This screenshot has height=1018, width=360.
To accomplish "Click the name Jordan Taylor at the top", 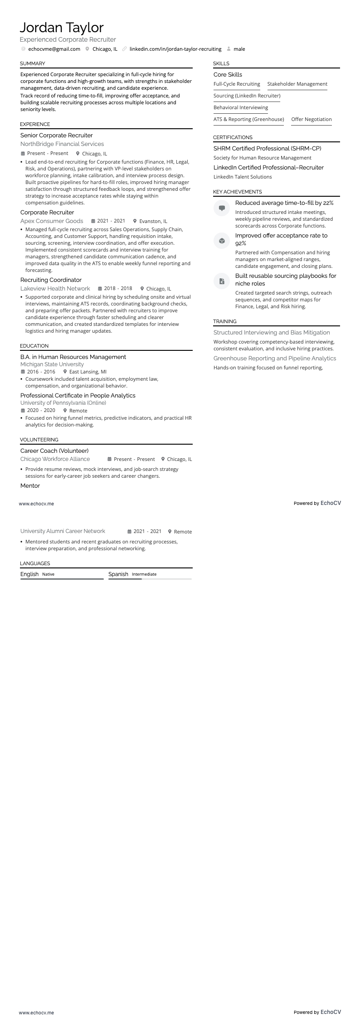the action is pos(62,28).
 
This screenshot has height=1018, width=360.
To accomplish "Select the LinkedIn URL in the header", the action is pos(175,49).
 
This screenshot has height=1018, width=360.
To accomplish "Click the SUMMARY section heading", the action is pos(33,63).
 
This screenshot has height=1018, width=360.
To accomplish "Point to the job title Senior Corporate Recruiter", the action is pos(57,135).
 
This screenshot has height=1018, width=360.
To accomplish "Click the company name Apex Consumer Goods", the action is pos(52,221).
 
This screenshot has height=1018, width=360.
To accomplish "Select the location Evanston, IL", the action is pos(153,221).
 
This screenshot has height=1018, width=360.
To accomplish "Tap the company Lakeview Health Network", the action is pos(55,288).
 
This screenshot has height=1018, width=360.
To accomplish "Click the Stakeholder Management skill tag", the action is pos(297,84).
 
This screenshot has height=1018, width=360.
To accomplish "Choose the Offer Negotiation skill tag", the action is pos(311,119).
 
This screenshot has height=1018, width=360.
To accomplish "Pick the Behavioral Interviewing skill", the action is pos(241,107).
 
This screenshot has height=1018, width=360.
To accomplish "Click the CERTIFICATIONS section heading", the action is pos(233,137).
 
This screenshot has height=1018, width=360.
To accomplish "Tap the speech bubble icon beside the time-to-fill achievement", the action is pos(222,208).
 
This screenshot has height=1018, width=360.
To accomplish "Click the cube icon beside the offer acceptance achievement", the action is pos(222,241).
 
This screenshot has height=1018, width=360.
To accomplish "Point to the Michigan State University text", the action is pos(52,364).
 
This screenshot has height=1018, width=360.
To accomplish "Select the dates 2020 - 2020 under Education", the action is pos(41,410).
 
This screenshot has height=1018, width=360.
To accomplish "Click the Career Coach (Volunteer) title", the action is pos(54,451).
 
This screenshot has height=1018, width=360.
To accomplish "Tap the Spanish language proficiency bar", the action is pos(150,579).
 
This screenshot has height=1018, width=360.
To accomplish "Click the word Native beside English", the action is pos(48,574).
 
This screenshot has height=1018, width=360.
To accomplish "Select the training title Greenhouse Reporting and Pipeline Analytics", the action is pos(275,358).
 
